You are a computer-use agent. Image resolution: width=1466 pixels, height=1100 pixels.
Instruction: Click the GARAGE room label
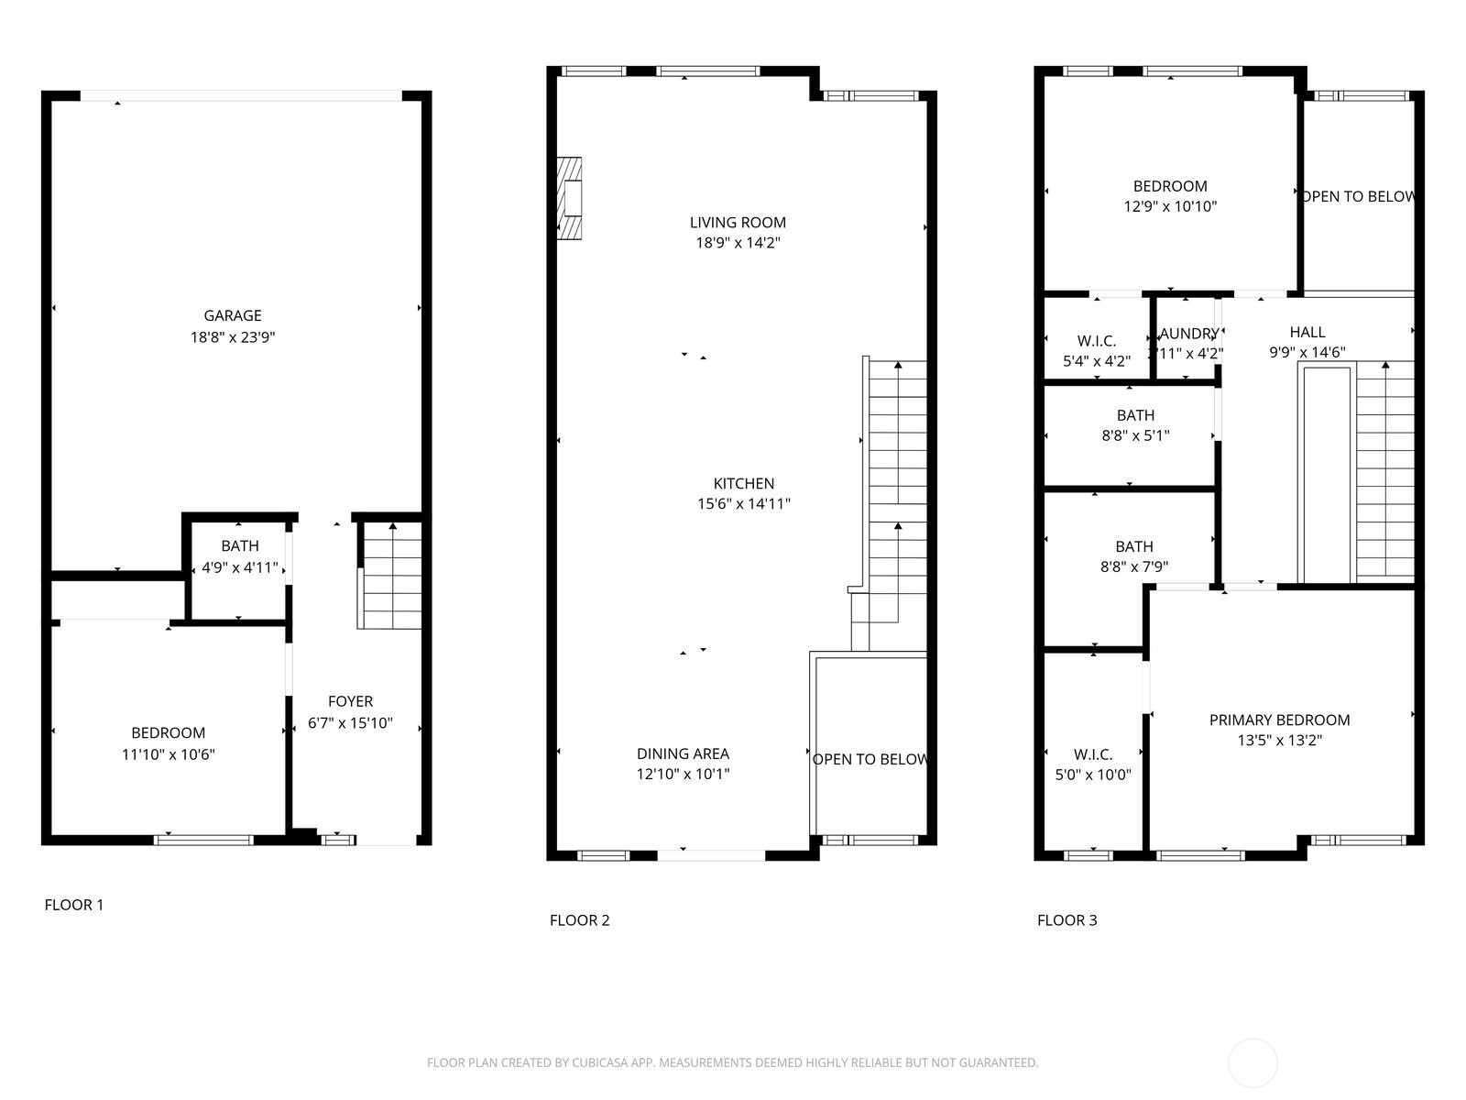[233, 316]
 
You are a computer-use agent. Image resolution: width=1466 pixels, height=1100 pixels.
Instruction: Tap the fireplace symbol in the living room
[570, 199]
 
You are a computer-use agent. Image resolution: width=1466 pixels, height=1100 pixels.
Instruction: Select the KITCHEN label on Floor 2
[743, 484]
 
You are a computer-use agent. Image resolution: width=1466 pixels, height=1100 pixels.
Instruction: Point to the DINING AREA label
[683, 754]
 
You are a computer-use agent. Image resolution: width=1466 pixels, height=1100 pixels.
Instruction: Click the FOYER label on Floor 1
[350, 702]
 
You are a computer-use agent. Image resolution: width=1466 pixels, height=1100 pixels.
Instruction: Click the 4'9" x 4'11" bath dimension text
[239, 567]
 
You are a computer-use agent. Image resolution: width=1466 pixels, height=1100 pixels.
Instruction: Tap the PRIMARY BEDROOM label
[1279, 720]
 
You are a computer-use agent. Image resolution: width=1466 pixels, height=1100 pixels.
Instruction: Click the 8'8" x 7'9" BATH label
[1134, 556]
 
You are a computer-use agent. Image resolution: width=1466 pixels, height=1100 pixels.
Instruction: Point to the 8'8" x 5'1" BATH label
[1135, 425]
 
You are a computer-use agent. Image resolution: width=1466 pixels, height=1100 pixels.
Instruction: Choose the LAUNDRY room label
[1188, 334]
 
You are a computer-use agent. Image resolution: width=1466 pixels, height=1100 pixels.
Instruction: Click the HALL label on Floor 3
[1307, 333]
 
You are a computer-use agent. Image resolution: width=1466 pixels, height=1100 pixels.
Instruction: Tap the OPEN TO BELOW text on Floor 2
[870, 759]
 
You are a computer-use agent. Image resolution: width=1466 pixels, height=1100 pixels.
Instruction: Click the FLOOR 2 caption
[579, 920]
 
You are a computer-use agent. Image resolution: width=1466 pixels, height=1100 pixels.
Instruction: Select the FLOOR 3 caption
[1067, 920]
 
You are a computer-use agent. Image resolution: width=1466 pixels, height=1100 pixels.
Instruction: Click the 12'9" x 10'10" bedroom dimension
[1170, 207]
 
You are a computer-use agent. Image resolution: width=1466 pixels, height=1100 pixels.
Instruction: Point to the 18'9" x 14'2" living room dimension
[738, 243]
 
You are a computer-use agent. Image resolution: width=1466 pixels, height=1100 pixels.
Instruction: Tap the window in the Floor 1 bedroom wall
[203, 839]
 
